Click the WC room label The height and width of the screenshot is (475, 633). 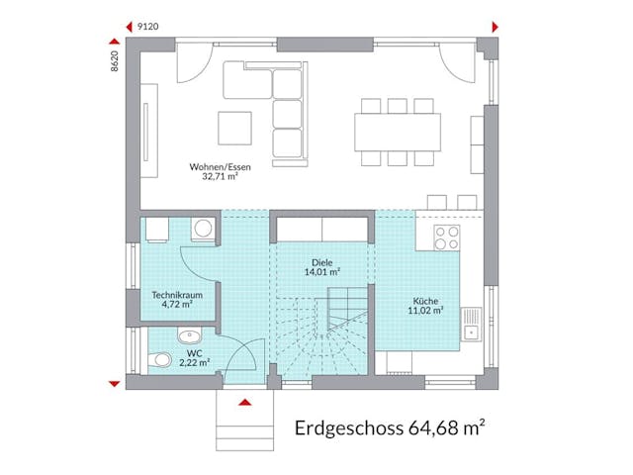click(x=194, y=352)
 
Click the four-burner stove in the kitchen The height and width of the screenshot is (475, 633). click(x=447, y=237)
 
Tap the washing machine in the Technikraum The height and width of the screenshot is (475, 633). click(x=204, y=229)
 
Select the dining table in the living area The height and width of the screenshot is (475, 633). click(x=398, y=131)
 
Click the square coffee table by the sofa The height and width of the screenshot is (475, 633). click(x=235, y=127)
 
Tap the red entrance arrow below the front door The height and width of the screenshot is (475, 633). click(x=244, y=402)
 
